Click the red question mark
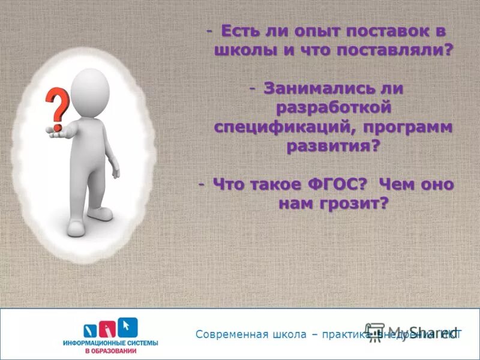pyautogui.click(x=58, y=108)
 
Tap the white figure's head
pyautogui.click(x=89, y=88)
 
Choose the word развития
pyautogui.click(x=331, y=146)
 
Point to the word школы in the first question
pyautogui.click(x=242, y=50)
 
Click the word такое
pyautogui.click(x=277, y=185)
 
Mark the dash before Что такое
pyautogui.click(x=202, y=184)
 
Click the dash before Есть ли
pyautogui.click(x=209, y=30)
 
